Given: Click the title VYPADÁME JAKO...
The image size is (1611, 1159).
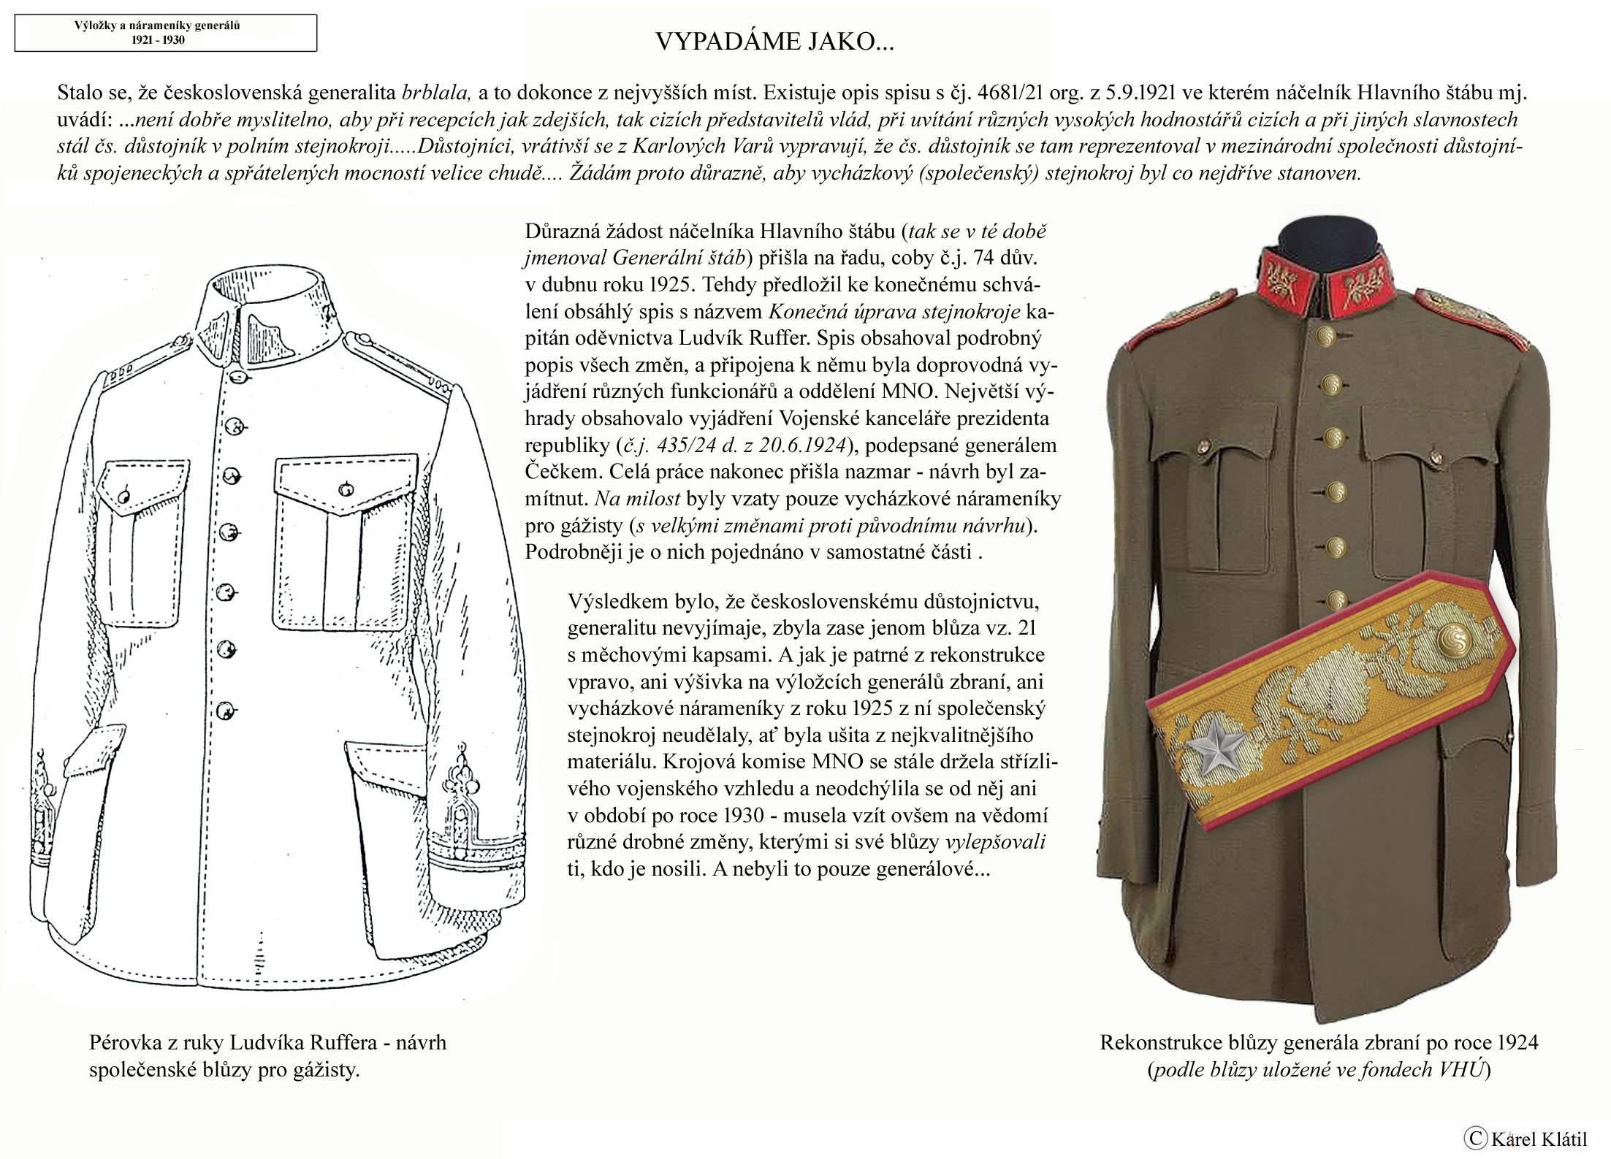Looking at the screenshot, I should click(774, 42).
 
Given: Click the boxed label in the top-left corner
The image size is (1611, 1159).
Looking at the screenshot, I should click(166, 33).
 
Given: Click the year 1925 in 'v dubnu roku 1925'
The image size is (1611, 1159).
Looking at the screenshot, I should click(668, 285).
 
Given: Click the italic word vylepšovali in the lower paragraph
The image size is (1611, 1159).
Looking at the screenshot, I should click(996, 843).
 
